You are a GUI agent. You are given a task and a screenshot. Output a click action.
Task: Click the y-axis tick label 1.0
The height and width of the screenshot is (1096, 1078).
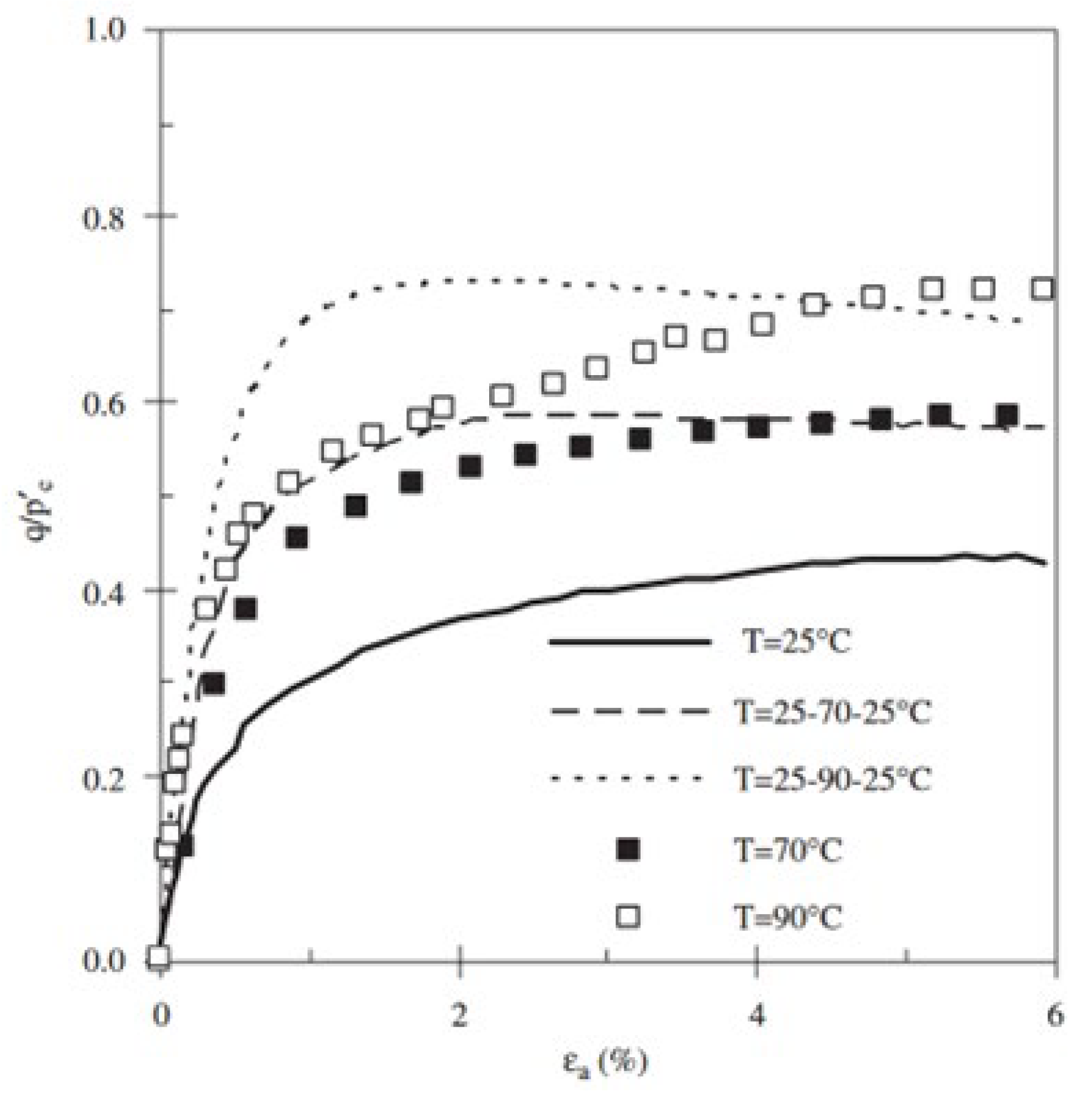[104, 29]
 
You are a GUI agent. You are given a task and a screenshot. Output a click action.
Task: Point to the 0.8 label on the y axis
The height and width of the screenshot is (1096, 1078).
[104, 217]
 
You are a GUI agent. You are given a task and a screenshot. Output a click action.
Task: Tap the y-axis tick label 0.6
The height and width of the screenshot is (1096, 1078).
[104, 403]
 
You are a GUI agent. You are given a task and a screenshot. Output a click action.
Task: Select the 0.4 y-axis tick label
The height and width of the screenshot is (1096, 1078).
[104, 591]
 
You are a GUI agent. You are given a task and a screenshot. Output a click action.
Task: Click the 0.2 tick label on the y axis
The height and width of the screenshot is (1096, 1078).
[104, 777]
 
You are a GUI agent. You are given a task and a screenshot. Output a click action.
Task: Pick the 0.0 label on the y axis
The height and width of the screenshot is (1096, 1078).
[104, 961]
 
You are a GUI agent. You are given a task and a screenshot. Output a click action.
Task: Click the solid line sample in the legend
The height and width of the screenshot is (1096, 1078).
[629, 641]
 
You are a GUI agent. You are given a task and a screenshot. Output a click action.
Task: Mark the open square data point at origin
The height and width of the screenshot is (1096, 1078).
[159, 956]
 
